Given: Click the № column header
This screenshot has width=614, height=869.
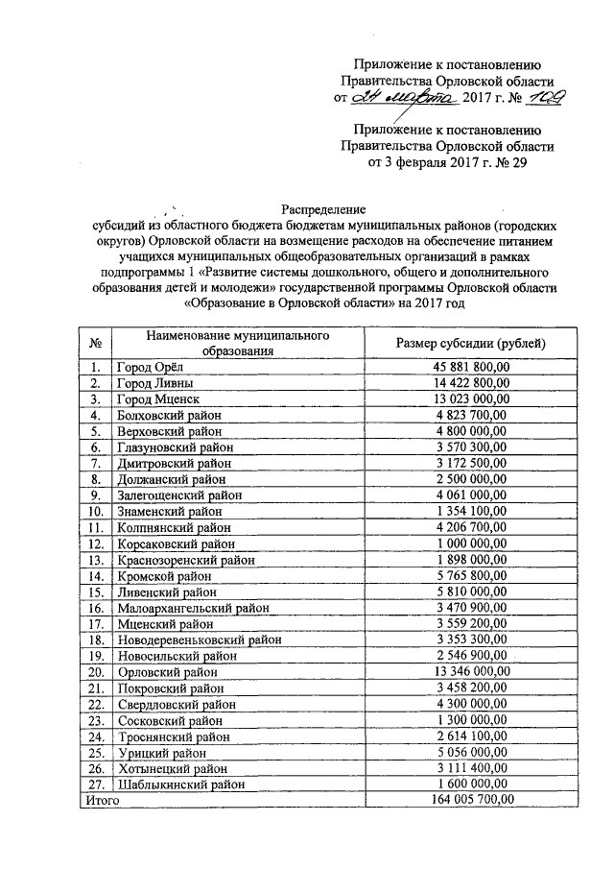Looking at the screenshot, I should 95,343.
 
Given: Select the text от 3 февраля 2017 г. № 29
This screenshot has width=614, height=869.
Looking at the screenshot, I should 446,163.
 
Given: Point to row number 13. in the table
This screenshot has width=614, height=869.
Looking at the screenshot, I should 95,559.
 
